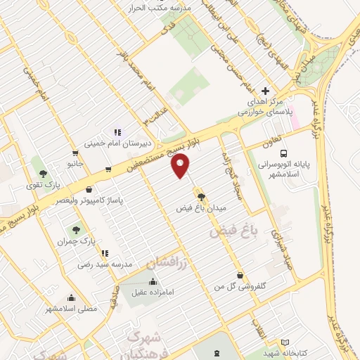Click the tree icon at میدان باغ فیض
202,197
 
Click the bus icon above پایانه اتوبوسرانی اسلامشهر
283,153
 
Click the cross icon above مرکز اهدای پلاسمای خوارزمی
265,91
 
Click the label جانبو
75,163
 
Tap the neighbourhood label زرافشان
167,262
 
